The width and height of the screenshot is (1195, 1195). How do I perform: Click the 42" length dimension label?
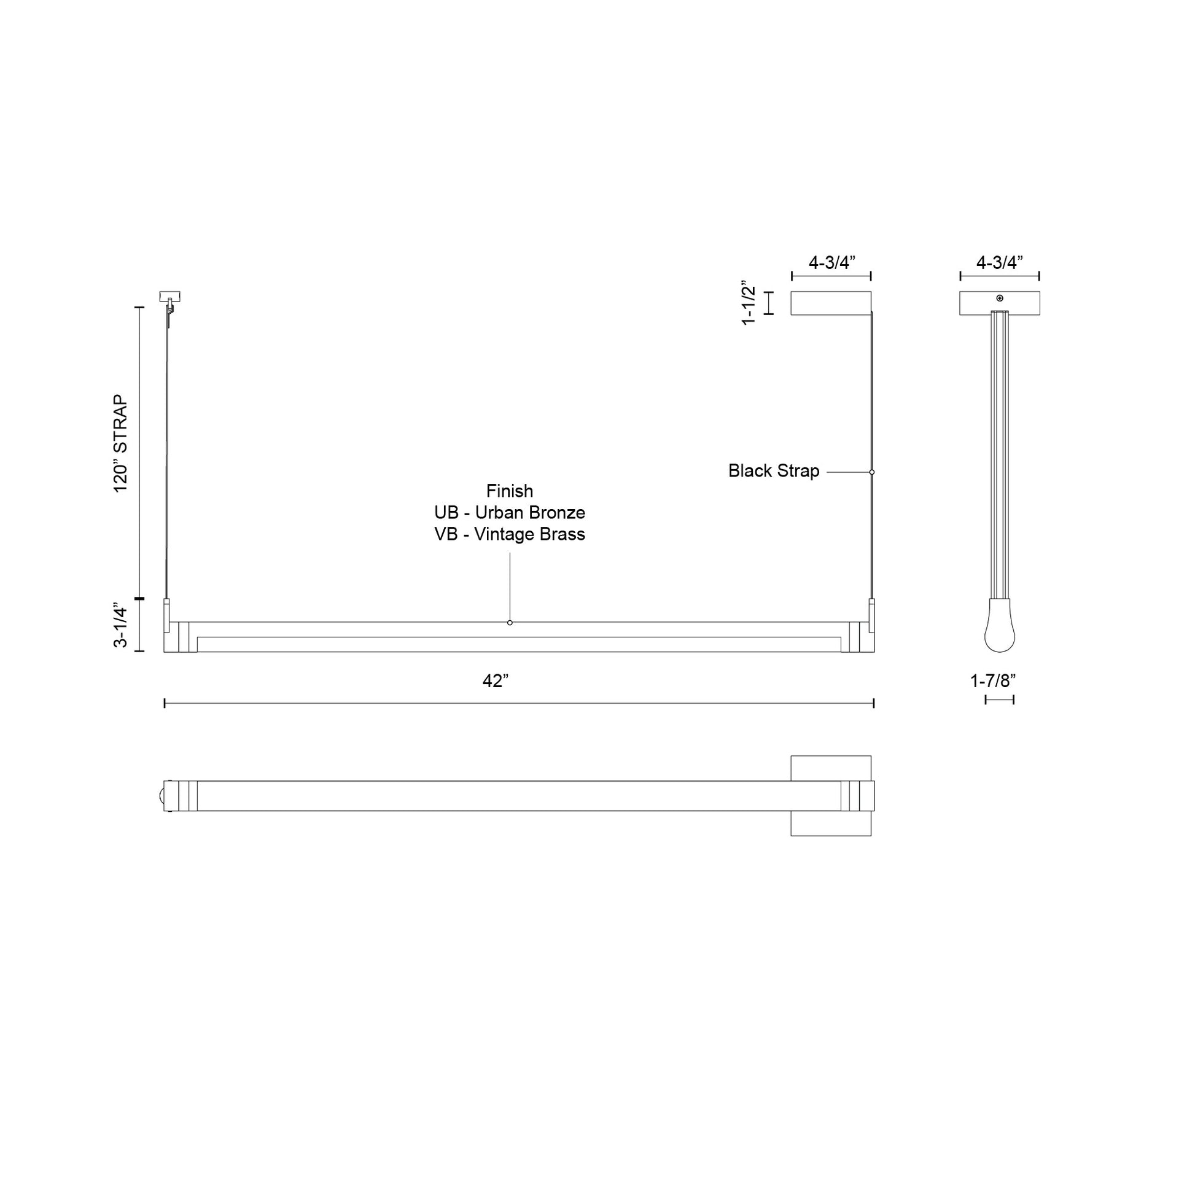click(496, 681)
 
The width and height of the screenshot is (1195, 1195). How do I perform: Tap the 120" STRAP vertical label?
click(120, 443)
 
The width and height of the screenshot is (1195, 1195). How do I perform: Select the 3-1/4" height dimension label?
click(120, 626)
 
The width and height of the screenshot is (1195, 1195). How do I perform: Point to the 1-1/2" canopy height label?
click(749, 303)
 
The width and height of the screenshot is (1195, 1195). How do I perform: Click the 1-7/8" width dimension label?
click(993, 681)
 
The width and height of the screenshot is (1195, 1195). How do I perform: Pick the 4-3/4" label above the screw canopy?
click(1000, 262)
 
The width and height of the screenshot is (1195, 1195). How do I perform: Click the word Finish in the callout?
click(509, 491)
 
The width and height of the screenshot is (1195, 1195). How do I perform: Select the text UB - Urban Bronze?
click(509, 513)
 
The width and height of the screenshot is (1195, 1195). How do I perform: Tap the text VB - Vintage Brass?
click(509, 534)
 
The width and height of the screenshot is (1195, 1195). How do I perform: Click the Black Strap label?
click(773, 471)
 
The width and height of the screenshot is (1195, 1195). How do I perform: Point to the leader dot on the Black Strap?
click(872, 472)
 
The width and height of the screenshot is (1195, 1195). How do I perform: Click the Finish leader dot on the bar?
click(510, 622)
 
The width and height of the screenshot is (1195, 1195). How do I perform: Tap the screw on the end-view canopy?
click(1000, 298)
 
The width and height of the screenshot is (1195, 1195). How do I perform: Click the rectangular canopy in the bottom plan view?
click(831, 766)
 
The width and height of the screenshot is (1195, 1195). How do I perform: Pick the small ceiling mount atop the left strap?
click(169, 296)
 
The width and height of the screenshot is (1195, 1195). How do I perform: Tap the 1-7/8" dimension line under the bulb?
click(1000, 699)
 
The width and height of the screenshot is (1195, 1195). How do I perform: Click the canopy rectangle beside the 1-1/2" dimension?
click(831, 303)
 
